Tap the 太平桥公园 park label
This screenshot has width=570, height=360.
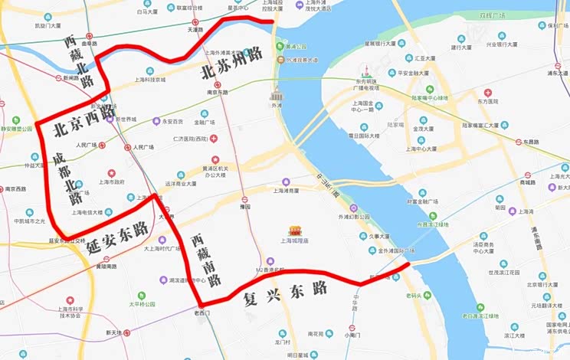(x=142, y=304)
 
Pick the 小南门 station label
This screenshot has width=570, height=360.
(x=352, y=335)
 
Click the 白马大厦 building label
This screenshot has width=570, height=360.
(x=149, y=12)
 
